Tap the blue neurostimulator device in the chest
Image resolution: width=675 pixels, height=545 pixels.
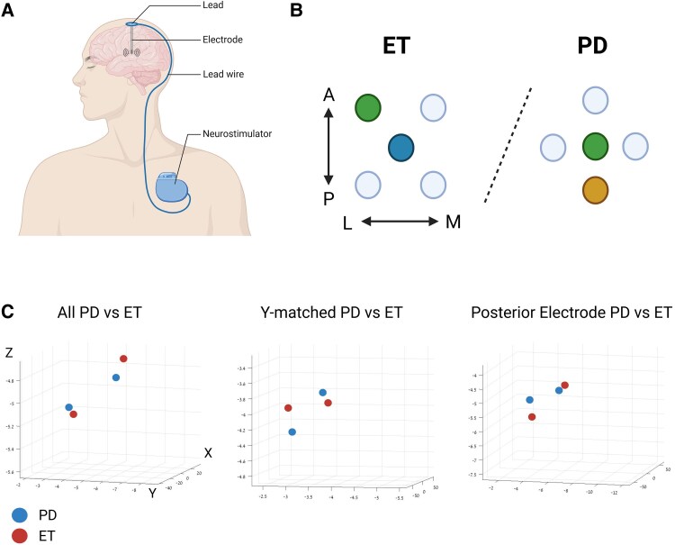(x=174, y=186)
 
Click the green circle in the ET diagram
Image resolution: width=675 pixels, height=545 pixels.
(x=367, y=108)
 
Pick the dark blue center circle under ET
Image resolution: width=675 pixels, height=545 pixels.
(x=401, y=147)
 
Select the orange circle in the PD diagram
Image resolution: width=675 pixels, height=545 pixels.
(x=593, y=191)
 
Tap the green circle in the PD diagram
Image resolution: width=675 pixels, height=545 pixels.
(x=593, y=146)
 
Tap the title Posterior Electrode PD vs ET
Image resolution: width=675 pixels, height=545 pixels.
(x=571, y=313)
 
